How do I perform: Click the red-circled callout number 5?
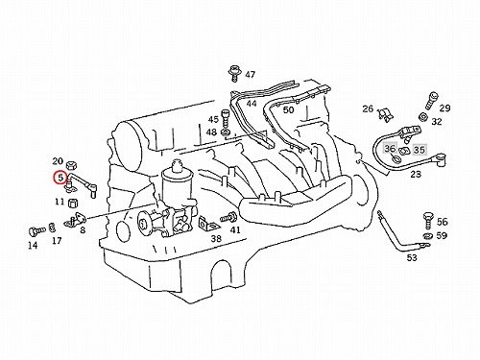pos(60,178)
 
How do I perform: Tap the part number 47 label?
pos(251,75)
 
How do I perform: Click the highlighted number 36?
pos(390,149)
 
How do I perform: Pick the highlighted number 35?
pos(420,150)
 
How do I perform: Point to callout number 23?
pos(416,174)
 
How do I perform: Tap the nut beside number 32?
pos(423,117)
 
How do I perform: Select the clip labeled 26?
pos(385,114)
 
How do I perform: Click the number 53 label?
pos(412,257)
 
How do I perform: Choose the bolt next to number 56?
pos(428,220)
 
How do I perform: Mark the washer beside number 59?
pos(427,236)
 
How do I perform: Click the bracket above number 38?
pos(208,224)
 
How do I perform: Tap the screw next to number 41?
pos(228,218)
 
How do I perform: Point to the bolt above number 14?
pos(37,230)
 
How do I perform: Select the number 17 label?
pos(57,240)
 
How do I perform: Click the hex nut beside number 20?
pos(70,165)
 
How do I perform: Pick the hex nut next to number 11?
pos(74,203)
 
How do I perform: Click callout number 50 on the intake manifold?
pos(288,109)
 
